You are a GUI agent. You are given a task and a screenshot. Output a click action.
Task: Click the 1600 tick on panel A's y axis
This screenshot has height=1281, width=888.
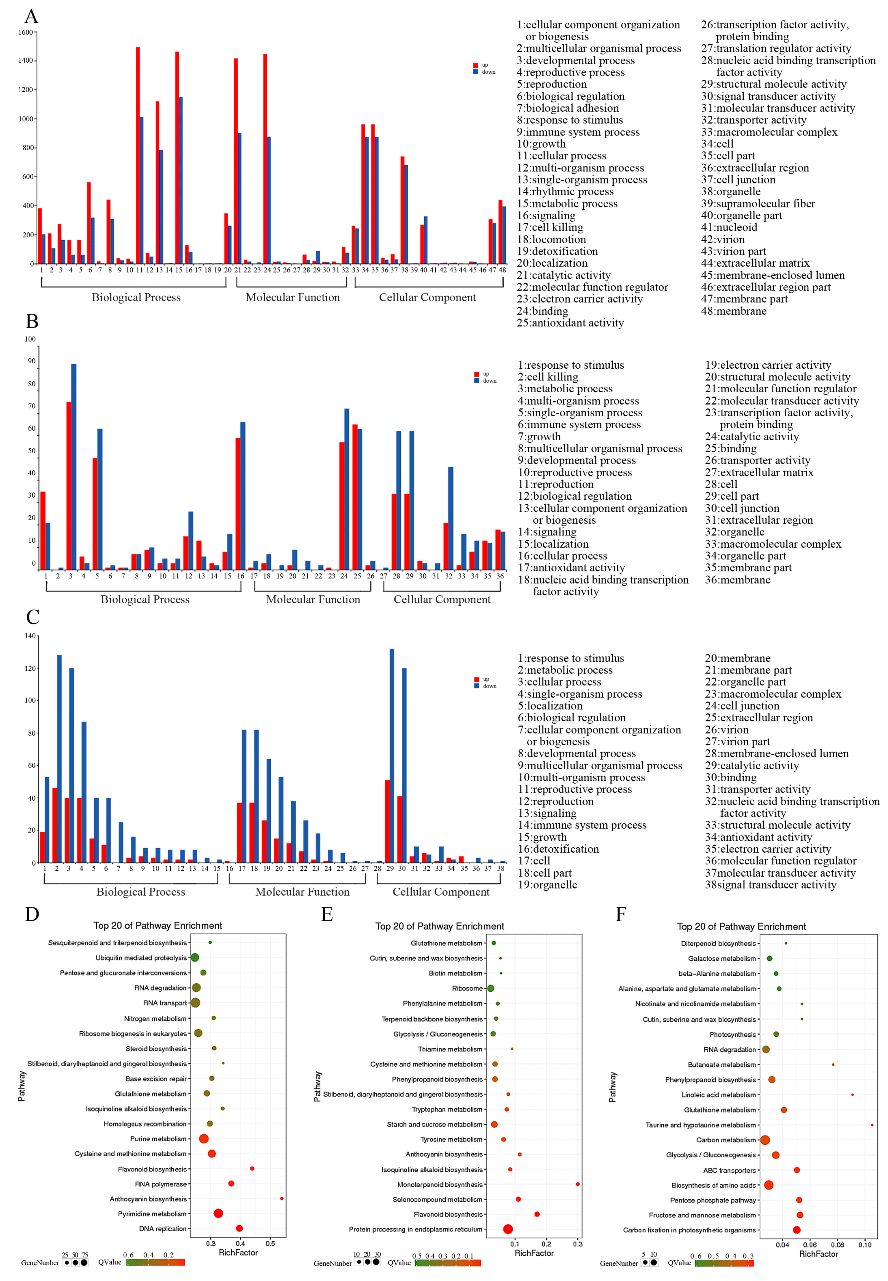pos(26,32)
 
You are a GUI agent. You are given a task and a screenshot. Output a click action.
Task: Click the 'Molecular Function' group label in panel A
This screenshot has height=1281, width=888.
pos(293,297)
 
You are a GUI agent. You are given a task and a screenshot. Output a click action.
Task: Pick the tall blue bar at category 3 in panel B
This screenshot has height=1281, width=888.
pos(73,466)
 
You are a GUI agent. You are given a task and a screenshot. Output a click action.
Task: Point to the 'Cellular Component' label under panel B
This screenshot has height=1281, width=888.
pos(442,599)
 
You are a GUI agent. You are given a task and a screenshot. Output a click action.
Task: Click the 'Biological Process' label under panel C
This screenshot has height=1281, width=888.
pos(141,891)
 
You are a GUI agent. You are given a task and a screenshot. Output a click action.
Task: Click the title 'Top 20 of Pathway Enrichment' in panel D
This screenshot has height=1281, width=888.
pos(158,925)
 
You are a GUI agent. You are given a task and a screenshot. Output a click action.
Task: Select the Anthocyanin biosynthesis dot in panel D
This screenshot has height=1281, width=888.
pos(281,1198)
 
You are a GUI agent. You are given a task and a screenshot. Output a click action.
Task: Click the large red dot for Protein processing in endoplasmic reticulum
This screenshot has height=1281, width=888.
pos(508,1229)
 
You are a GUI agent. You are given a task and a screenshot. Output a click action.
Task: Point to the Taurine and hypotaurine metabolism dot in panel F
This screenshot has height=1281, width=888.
pos(872,1125)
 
